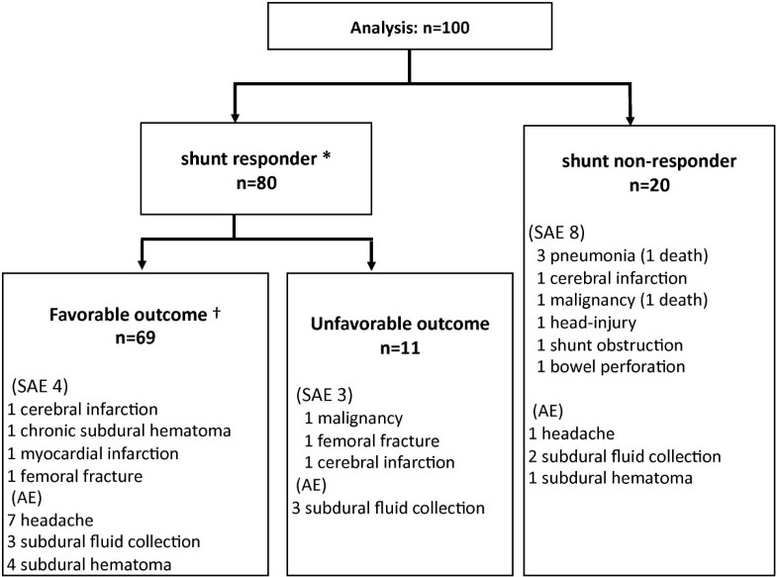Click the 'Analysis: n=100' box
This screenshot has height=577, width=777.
[409, 30]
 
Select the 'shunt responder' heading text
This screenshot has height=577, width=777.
[230, 161]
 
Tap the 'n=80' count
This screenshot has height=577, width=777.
[235, 186]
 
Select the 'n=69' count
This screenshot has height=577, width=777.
[136, 337]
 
